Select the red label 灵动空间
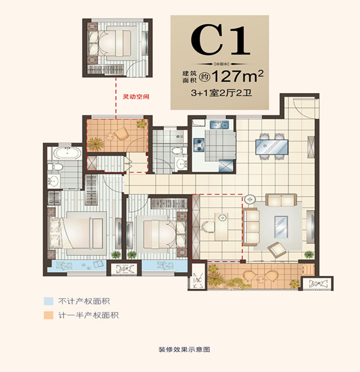[x=137, y=97]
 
